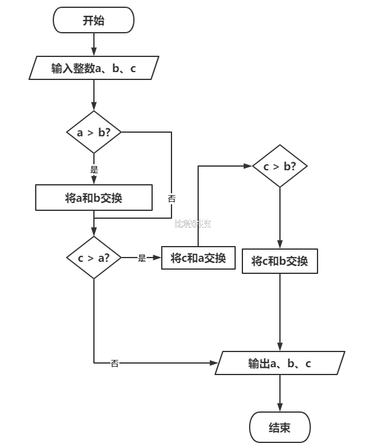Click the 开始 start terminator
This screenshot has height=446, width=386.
93,21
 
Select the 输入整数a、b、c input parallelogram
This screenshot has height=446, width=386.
94,68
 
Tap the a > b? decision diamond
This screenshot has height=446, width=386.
94,132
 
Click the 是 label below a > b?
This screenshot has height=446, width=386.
94,169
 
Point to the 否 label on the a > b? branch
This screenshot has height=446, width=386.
171,198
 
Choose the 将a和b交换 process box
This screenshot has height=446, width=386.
94,198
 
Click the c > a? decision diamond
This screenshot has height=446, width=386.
94,258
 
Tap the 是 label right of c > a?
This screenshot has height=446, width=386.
142,258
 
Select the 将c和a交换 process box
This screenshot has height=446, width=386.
198,258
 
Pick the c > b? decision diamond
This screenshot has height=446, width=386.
279,165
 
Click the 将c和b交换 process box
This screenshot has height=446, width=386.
279,261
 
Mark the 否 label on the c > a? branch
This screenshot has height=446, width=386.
115,363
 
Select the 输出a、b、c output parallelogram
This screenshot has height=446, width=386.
279,363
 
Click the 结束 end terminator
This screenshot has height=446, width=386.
279,428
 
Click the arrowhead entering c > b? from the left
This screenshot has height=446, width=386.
248,165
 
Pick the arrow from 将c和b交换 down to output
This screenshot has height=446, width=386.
279,312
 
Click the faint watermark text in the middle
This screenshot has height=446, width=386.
192,224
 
